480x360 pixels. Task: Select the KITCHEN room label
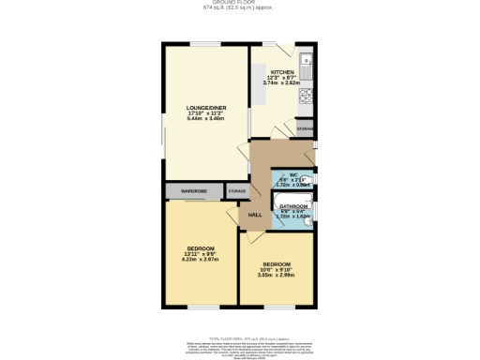coord(283,72)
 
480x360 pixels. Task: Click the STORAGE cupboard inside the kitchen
coord(306,127)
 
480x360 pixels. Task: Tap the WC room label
coord(293,174)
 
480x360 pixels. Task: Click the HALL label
coord(254,215)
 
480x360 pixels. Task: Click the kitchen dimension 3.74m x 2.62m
coord(282,83)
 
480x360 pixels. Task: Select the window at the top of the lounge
coord(206,43)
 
